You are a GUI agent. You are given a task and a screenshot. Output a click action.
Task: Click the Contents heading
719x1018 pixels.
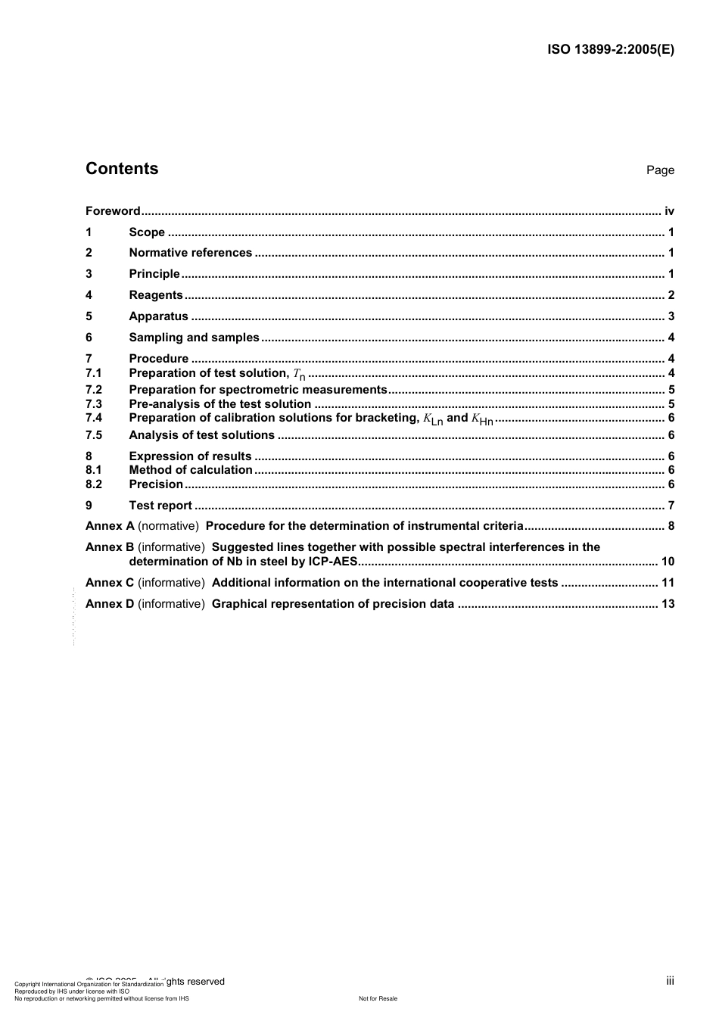pos(122,169)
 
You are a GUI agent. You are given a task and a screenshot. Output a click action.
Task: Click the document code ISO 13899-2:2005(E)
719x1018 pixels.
pos(610,50)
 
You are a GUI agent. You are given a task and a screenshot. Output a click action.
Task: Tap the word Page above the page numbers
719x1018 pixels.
pos(660,170)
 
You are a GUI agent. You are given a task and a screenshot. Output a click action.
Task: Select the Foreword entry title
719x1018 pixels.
pos(113,211)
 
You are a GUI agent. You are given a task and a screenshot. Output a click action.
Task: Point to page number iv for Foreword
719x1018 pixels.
pos(669,211)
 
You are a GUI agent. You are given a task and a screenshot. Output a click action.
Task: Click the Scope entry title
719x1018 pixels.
pos(147,232)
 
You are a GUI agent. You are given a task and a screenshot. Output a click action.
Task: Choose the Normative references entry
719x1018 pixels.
pos(190,253)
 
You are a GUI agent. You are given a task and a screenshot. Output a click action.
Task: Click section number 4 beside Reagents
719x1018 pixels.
pos(89,295)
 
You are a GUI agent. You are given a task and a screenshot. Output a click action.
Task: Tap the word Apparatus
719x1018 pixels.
pos(158,316)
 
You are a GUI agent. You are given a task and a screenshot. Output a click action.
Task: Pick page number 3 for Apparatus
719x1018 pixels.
pos(671,316)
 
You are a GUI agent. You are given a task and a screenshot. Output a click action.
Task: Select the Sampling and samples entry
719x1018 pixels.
pos(194,338)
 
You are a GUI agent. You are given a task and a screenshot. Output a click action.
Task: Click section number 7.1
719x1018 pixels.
pos(94,373)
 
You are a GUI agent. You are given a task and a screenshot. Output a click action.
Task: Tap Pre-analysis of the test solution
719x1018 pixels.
pos(219,404)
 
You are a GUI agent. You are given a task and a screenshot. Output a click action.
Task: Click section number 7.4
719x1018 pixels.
pos(94,418)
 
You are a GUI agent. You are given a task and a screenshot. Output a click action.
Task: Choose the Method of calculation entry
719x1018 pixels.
pos(191,470)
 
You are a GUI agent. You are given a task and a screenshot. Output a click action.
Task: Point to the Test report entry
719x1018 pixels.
pos(160,506)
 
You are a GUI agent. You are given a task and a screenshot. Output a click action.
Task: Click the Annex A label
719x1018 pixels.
pos(110,526)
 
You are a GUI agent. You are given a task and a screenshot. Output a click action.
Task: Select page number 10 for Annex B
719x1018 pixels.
pos(668,562)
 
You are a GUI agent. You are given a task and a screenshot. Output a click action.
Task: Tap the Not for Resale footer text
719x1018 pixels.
pos(378,998)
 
